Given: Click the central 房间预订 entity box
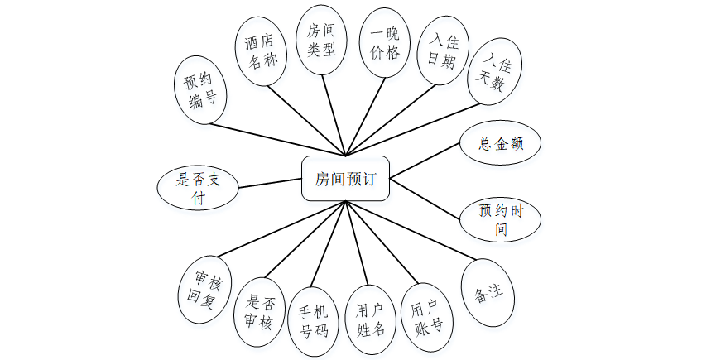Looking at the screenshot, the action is tap(344, 178).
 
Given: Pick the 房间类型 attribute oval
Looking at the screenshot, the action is tap(321, 41).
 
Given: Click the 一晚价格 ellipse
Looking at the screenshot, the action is tap(384, 42).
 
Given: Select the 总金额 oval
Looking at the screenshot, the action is tap(500, 143).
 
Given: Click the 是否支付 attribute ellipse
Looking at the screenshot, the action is tap(198, 187).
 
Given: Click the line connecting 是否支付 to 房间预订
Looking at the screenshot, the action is tap(271, 184).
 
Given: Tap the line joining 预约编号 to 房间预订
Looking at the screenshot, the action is tap(278, 139).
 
